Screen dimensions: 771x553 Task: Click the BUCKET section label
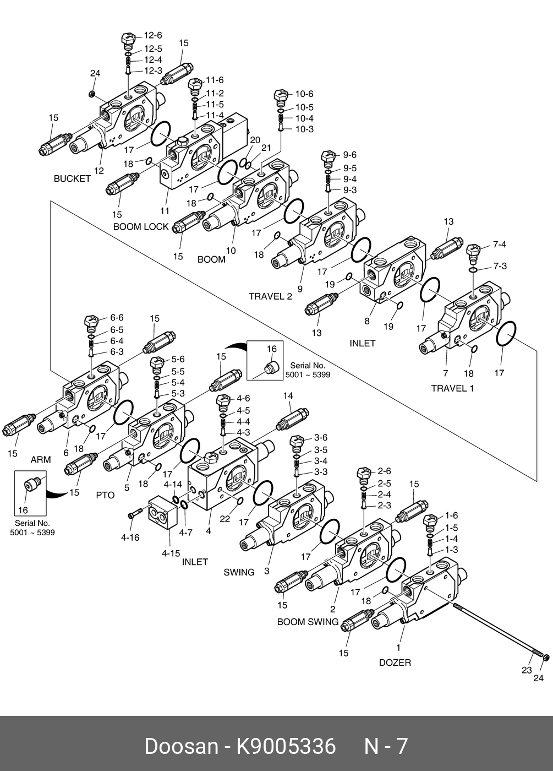coord(72,178)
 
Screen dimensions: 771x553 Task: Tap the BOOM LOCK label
coord(141,226)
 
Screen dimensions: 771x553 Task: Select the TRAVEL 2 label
coord(270,296)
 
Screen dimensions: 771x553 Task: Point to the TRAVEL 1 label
coord(452,388)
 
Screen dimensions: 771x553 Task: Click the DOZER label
coord(395,663)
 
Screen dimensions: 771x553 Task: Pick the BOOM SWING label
coord(308,622)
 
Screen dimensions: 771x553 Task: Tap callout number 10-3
coord(304,129)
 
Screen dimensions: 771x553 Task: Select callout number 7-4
coord(500,245)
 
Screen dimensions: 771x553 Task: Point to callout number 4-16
coord(130,537)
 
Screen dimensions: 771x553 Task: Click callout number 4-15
coord(171,553)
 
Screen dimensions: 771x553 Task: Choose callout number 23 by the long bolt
coord(527,670)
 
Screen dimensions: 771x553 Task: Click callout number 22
coord(225,519)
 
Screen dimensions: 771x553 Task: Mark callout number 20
coord(255,140)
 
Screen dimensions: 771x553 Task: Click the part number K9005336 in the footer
coord(286,746)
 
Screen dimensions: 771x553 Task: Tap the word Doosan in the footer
coord(181,746)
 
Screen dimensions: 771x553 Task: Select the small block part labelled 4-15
coord(163,513)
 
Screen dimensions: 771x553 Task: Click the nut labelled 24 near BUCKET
coord(92,94)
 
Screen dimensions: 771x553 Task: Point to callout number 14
coord(288,395)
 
